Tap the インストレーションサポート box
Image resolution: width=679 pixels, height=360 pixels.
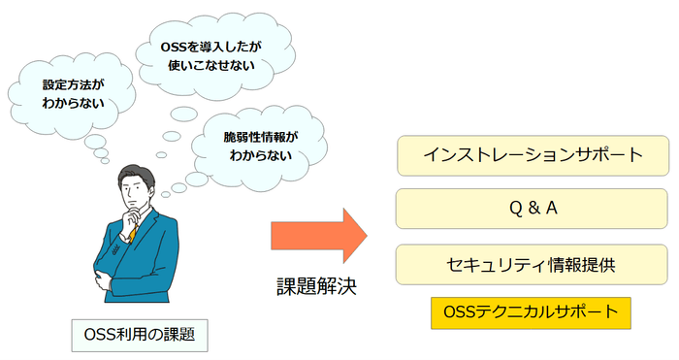[x=533, y=154]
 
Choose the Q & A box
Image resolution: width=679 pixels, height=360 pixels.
[x=533, y=209]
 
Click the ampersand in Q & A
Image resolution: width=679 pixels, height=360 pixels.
[x=533, y=209]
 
